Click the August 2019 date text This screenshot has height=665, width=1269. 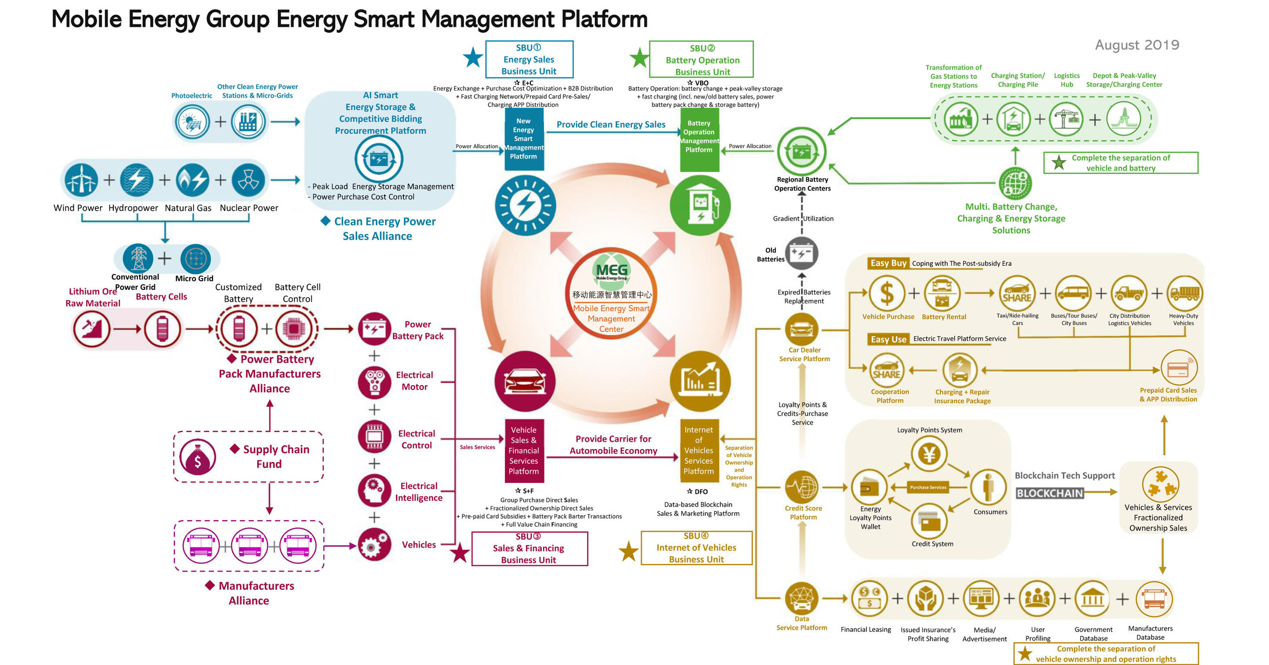[x=1136, y=45]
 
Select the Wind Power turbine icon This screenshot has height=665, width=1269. [x=81, y=180]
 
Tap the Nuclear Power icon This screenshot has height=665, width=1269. [x=248, y=180]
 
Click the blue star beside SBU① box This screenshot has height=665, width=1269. [x=473, y=58]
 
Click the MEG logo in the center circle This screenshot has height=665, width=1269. [x=611, y=270]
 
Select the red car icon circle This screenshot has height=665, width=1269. [x=525, y=381]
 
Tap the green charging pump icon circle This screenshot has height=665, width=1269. [x=700, y=206]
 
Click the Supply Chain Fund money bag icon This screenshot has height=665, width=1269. [x=197, y=457]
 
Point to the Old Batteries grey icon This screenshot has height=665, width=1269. [x=802, y=253]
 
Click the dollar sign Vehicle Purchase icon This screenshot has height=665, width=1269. [x=887, y=293]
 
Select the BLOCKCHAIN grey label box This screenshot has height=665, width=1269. [x=1050, y=493]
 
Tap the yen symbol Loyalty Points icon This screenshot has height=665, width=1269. [x=929, y=454]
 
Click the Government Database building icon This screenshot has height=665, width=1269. [x=1092, y=599]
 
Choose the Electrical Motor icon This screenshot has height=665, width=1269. [x=374, y=381]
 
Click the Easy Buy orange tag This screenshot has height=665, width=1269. [x=888, y=263]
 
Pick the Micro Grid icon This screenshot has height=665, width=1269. [x=196, y=259]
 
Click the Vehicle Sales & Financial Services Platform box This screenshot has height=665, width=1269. [x=524, y=451]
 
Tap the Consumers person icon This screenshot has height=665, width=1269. [x=988, y=487]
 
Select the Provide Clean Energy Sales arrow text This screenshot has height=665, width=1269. [x=611, y=125]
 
